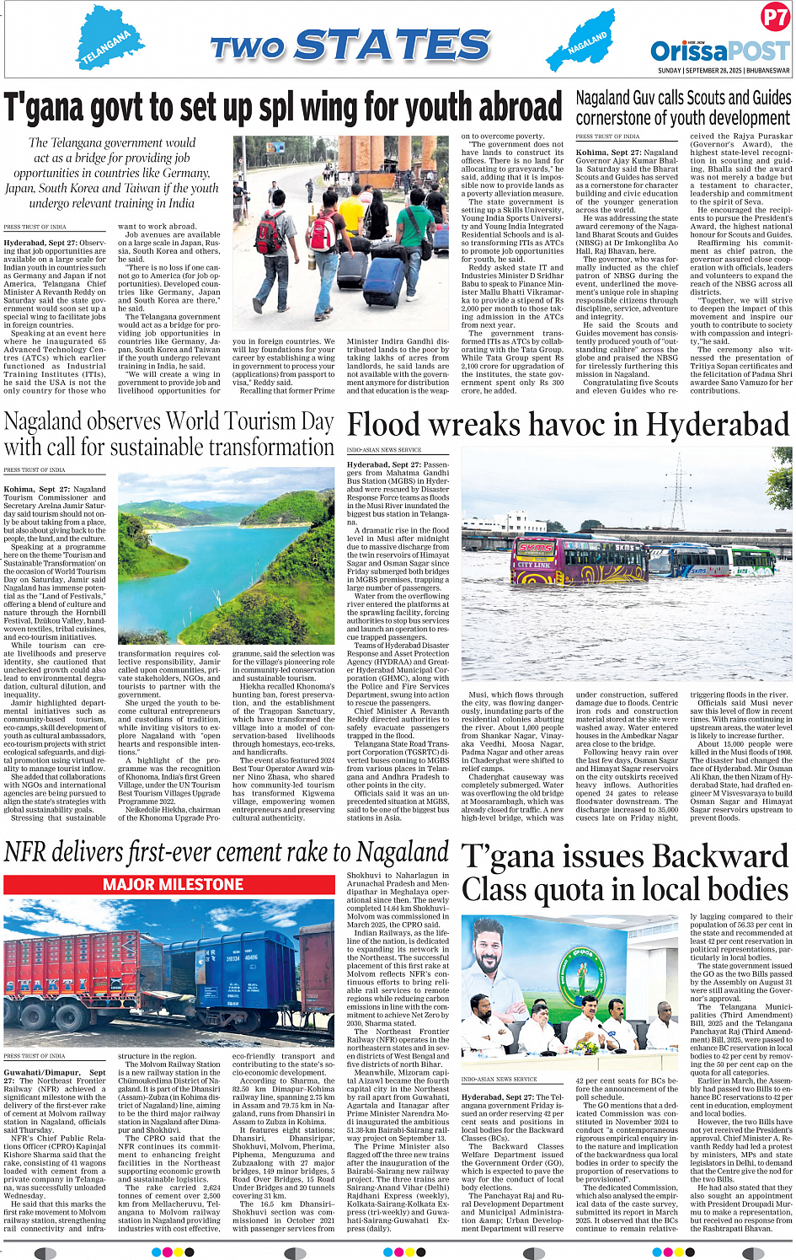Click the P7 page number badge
[x=774, y=17]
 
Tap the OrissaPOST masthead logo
[x=720, y=51]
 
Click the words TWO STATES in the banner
[x=350, y=46]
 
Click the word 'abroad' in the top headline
[x=515, y=108]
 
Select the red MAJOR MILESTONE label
[x=173, y=884]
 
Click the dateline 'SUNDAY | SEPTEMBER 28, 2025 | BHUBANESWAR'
[x=724, y=71]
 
